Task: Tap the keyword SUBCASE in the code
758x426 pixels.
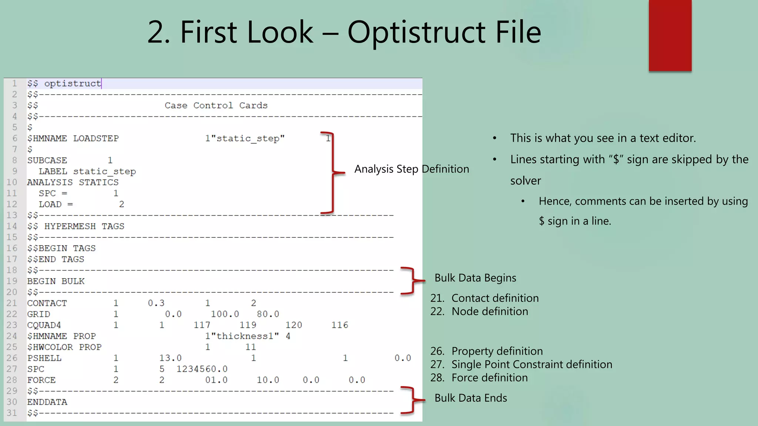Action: pos(47,160)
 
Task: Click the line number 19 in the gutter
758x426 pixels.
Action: pos(12,281)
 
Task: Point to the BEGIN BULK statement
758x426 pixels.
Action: pos(56,281)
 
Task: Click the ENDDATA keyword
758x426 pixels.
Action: pos(47,402)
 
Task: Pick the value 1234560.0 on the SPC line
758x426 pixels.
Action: pos(202,369)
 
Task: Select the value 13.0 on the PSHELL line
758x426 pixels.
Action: pos(170,358)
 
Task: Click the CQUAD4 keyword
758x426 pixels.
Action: pos(44,325)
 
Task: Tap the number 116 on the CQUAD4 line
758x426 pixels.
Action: pos(339,325)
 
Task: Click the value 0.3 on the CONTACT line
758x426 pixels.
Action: pos(156,303)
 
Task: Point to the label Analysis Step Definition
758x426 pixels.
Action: pos(412,169)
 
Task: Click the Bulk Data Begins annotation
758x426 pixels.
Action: pos(475,278)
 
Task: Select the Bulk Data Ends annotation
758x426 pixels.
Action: pos(470,398)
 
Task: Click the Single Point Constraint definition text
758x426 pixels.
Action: pos(531,364)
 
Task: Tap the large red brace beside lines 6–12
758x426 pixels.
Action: pos(333,172)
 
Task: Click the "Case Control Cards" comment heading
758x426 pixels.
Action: pos(216,105)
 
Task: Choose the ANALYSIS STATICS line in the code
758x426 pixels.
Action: pos(73,182)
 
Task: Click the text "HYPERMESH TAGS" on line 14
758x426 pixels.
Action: pos(84,226)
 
